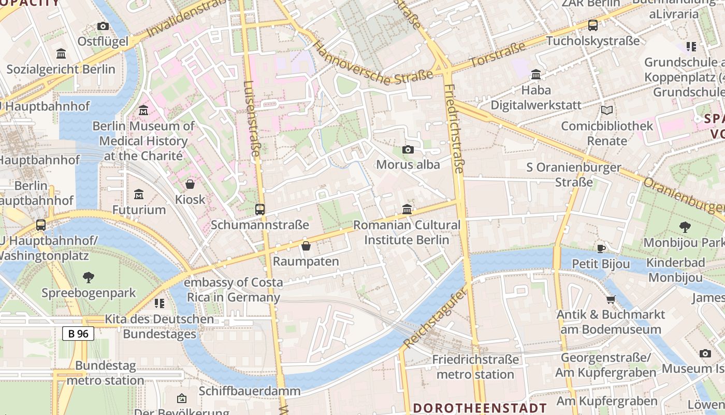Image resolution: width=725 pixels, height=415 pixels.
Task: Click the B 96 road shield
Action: (78, 334)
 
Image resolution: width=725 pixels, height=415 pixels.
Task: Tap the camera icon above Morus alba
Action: (408, 150)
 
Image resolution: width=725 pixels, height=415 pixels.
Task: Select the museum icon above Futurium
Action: (139, 195)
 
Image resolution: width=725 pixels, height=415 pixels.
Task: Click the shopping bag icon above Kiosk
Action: (190, 184)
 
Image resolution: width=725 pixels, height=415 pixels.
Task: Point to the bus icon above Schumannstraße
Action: (260, 210)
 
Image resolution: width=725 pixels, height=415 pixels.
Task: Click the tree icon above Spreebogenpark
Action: (89, 278)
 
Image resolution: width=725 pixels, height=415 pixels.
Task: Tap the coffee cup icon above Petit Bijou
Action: (601, 248)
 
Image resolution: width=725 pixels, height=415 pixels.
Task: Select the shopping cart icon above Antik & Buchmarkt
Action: (611, 299)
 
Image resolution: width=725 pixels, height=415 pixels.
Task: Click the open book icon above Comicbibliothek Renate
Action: (607, 110)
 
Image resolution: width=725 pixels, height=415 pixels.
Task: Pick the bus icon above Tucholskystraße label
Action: (593, 25)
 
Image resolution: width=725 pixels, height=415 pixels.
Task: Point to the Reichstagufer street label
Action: (436, 316)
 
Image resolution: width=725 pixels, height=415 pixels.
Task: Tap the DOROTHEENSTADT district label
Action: (480, 408)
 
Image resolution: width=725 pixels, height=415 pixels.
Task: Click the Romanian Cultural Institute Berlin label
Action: (407, 232)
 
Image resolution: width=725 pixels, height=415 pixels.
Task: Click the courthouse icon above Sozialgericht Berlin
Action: (61, 54)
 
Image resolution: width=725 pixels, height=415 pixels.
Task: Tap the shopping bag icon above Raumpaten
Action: (306, 246)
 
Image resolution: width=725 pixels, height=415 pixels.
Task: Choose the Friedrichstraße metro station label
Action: (475, 367)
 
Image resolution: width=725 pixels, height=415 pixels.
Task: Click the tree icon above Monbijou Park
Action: (685, 227)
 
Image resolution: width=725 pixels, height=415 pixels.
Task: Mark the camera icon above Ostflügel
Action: (103, 26)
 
